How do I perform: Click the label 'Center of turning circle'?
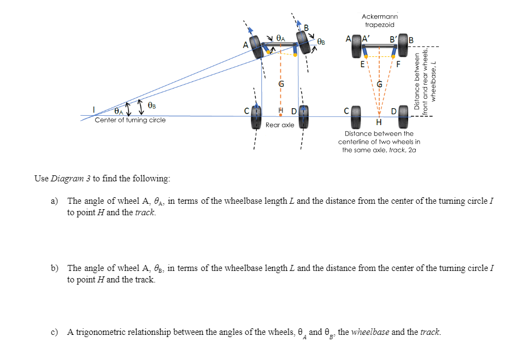pos(130,120)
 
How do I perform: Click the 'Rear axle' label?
pos(280,125)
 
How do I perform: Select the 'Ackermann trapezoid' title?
pos(379,21)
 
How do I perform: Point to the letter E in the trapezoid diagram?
pos(362,64)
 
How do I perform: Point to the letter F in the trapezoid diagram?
pos(398,64)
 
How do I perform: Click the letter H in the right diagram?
pos(379,122)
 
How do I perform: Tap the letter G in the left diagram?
pos(281,85)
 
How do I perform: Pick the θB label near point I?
pos(151,105)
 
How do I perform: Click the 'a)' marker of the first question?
pos(55,201)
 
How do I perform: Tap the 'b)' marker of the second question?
pos(55,268)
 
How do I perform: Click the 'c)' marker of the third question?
pos(55,332)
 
